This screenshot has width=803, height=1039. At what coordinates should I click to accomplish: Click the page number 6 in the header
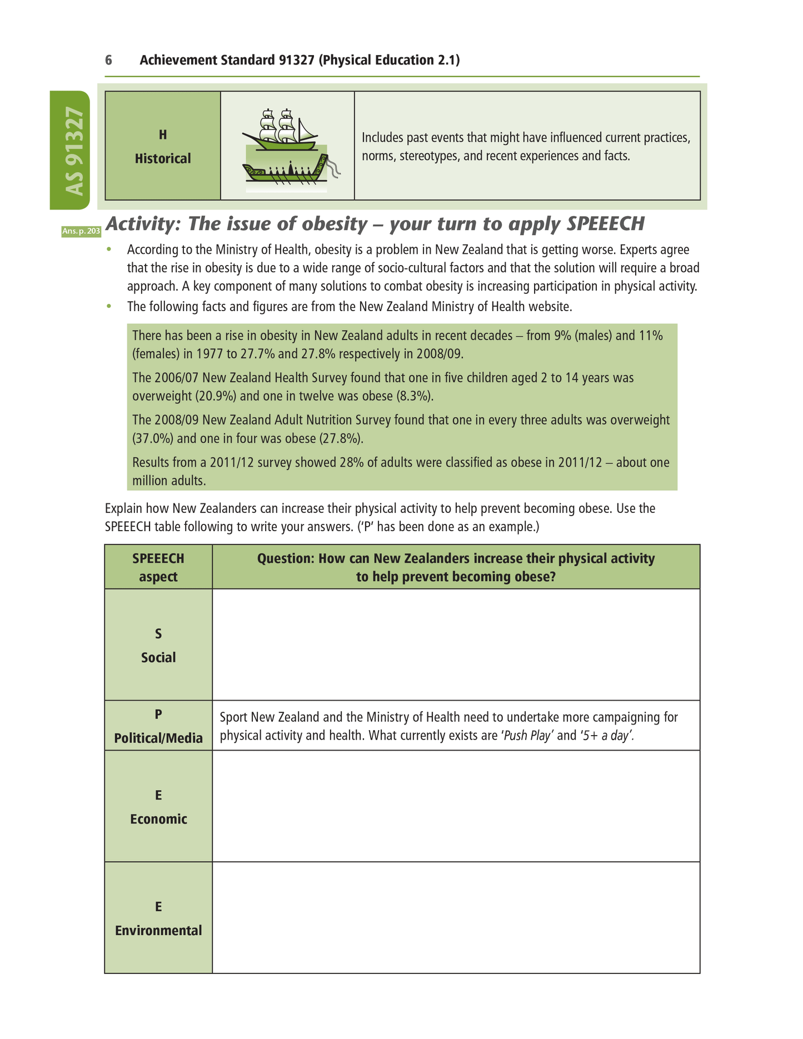coord(108,60)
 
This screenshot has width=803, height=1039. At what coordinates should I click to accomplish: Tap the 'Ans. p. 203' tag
coord(81,231)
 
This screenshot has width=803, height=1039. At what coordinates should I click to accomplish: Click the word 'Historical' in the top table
coord(162,159)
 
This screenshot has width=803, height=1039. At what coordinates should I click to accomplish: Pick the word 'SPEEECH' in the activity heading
coord(605,224)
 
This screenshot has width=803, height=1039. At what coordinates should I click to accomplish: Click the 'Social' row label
coord(158,658)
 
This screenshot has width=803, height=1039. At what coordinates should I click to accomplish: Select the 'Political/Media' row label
coord(158,738)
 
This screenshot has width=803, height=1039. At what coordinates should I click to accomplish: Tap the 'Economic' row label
coord(158,819)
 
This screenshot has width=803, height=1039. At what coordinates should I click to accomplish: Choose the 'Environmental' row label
coord(158,931)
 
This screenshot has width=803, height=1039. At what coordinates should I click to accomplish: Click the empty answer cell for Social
coord(456,645)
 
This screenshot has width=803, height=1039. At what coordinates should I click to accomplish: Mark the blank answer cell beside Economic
coord(456,806)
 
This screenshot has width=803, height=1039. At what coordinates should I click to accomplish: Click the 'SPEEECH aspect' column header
coord(158,567)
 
